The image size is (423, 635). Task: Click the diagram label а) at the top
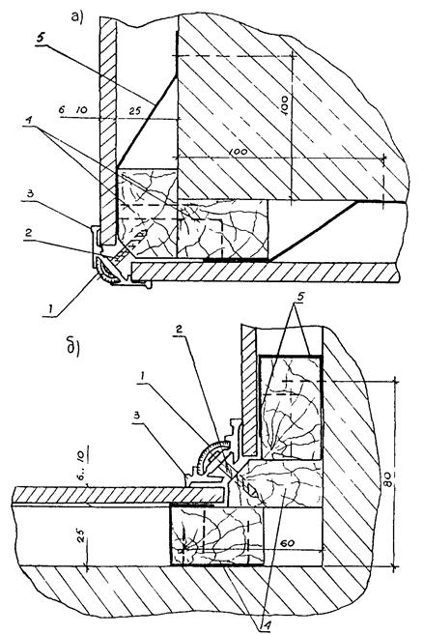point(77,17)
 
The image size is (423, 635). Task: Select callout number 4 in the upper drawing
point(28,121)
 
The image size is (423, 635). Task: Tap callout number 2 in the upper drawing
point(28,233)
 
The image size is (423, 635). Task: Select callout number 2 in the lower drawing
point(179,330)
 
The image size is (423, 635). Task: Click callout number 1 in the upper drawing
point(51,309)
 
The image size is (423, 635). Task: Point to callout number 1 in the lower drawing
point(142,376)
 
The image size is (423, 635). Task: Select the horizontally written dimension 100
point(238,151)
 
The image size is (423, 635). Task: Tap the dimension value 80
point(388,478)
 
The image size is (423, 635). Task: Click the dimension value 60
point(287,543)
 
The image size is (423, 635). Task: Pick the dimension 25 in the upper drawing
point(135,110)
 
